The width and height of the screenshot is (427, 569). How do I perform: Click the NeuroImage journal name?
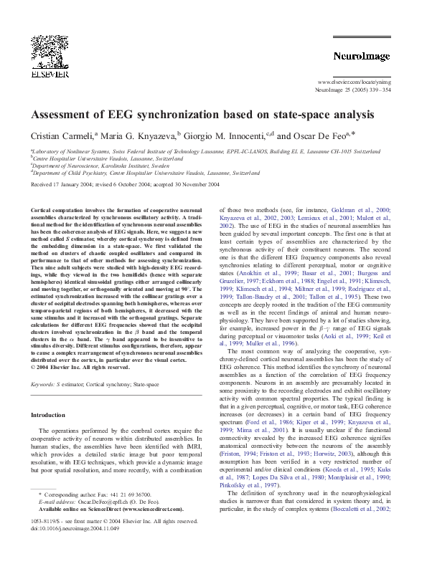point(361,55)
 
